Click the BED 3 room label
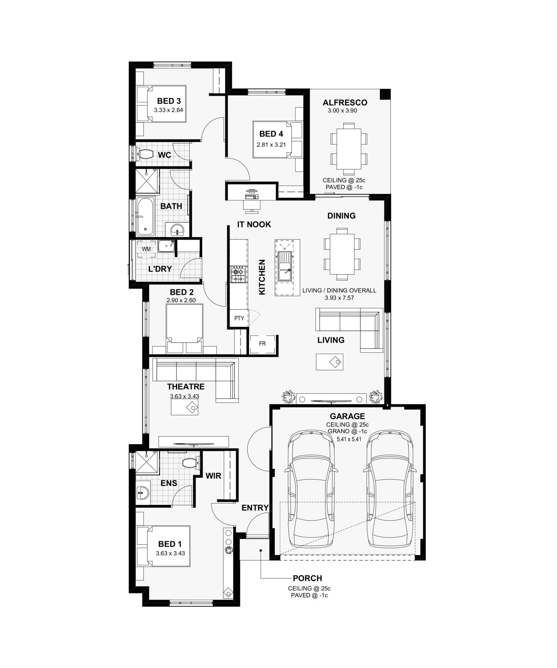point(169,101)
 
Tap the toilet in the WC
point(145,154)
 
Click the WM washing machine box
point(146,249)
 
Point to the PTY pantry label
point(239,318)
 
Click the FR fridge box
point(263,344)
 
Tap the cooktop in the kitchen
point(239,273)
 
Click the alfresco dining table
point(349,149)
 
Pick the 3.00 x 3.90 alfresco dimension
point(342,111)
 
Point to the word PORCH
point(308,578)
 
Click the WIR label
point(213,476)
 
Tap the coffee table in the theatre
point(185,407)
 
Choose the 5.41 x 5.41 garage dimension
point(349,439)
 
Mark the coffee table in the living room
point(330,362)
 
